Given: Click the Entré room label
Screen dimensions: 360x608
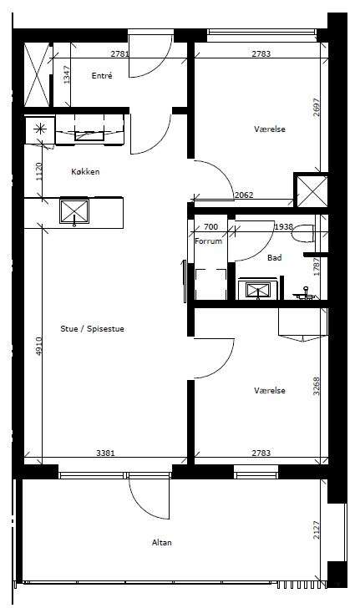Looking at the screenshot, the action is [x=102, y=76].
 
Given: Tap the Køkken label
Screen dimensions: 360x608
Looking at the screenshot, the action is [x=85, y=171].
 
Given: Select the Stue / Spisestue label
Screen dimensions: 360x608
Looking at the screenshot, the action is [x=93, y=329].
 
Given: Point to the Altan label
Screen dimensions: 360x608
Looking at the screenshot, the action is [x=162, y=543].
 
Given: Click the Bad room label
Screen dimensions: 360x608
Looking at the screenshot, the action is [x=274, y=257].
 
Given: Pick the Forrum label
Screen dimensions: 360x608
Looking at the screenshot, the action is [x=208, y=241].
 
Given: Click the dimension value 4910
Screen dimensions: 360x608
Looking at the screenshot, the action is [x=38, y=347].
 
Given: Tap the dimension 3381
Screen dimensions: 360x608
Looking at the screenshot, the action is [x=105, y=453].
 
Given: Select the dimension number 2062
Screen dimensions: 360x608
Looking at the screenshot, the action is [x=244, y=195].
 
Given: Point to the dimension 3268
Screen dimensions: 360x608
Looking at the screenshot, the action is [x=317, y=386].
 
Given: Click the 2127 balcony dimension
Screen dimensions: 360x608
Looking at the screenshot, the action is [x=317, y=529].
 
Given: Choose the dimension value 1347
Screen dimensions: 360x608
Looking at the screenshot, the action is [x=67, y=75].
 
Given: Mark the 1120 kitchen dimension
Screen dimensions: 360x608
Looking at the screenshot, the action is [x=38, y=171].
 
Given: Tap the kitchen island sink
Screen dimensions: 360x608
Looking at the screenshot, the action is [x=74, y=211].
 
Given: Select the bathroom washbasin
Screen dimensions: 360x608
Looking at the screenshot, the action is [x=258, y=290].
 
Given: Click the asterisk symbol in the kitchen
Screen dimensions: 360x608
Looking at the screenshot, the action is [x=39, y=129].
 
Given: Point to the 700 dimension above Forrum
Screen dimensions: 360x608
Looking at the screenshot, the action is [x=210, y=226].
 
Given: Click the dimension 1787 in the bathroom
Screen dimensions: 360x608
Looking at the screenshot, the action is [x=317, y=266].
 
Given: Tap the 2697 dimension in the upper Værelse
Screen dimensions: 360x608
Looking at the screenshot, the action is [x=317, y=108].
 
